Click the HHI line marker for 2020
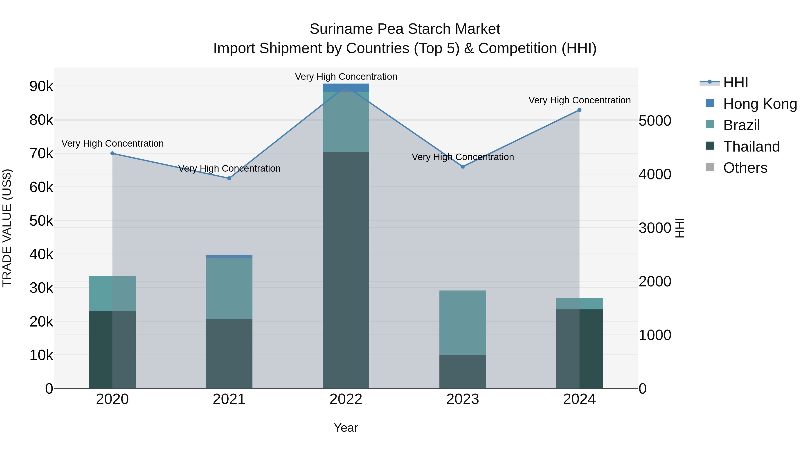[112, 153]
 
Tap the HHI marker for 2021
[229, 178]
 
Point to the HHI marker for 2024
[579, 110]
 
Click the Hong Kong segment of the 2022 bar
[346, 88]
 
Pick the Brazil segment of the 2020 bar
[112, 293]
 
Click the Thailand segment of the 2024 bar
[579, 349]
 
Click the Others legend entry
[745, 168]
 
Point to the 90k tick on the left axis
[41, 86]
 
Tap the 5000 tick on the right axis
[655, 121]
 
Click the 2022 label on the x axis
[346, 399]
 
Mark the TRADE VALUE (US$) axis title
[7, 228]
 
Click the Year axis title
[346, 428]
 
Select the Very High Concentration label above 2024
[579, 100]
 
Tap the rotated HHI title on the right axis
[679, 228]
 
